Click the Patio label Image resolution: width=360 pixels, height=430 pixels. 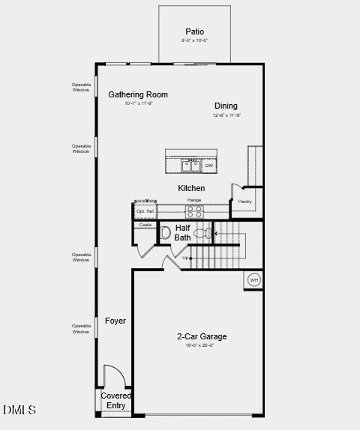point(195,31)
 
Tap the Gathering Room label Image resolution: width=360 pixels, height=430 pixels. point(138,94)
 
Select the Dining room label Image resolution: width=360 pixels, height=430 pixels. point(226,106)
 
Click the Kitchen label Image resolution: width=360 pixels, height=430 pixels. point(191,188)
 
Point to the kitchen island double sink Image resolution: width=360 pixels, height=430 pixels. point(191,166)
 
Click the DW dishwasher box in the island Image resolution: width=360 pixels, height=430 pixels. point(209,166)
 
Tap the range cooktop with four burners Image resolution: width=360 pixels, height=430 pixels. point(194,211)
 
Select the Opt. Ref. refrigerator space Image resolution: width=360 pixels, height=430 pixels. point(145,212)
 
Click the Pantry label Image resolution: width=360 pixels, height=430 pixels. point(244,201)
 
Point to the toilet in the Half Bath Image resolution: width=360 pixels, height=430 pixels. point(202,234)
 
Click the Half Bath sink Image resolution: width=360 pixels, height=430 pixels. point(165,232)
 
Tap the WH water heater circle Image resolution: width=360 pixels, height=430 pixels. point(253,280)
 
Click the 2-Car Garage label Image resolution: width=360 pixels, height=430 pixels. point(202,336)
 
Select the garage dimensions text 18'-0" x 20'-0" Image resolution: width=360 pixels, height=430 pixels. point(200,345)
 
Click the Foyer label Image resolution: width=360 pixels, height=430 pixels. point(115,321)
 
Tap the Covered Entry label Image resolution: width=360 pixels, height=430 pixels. point(116,400)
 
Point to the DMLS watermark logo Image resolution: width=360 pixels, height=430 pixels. point(19,410)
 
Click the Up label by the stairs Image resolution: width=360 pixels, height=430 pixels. point(186,258)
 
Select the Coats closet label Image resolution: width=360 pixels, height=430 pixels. point(145,225)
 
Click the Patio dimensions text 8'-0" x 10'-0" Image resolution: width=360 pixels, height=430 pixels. point(195,40)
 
